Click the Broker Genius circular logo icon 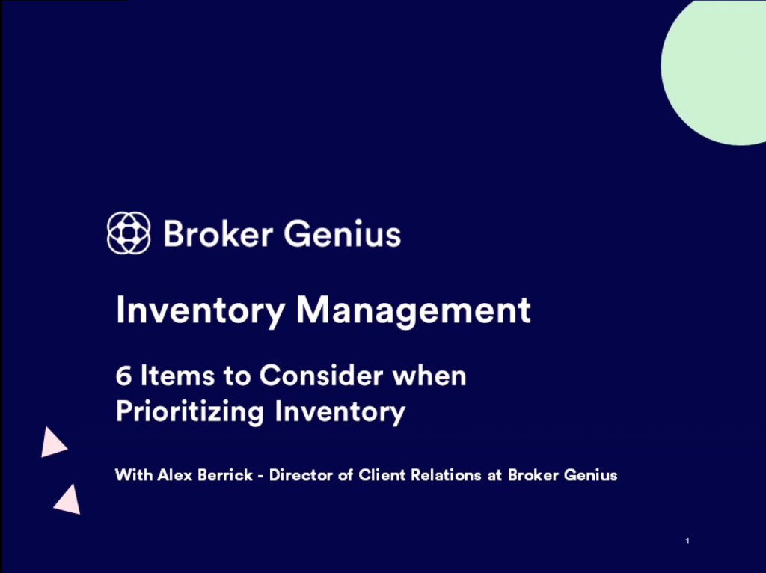(x=129, y=233)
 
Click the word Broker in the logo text (x=218, y=233)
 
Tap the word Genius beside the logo (x=343, y=233)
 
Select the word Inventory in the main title (x=200, y=310)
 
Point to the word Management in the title (x=414, y=310)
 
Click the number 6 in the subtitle (x=123, y=376)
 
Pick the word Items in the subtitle (x=177, y=376)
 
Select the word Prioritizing (x=190, y=412)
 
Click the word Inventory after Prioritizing (x=340, y=412)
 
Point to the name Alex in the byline (x=175, y=475)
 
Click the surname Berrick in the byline (x=225, y=475)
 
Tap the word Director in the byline (x=301, y=475)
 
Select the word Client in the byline (x=382, y=475)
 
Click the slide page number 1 (x=687, y=541)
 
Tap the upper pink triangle (x=52, y=443)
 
